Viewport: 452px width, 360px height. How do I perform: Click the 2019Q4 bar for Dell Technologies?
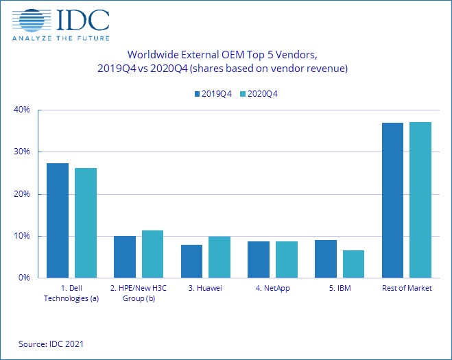point(58,220)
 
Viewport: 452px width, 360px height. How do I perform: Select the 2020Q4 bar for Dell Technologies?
point(86,223)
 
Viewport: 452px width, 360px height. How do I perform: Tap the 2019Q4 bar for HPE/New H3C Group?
point(125,256)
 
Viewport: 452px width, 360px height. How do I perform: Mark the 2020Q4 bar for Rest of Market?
point(421,200)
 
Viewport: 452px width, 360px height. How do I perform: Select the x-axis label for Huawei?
point(205,288)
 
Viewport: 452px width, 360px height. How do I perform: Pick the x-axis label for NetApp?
point(272,288)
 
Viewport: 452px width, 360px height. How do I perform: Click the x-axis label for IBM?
point(340,288)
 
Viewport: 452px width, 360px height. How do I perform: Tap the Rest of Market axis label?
point(407,288)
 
